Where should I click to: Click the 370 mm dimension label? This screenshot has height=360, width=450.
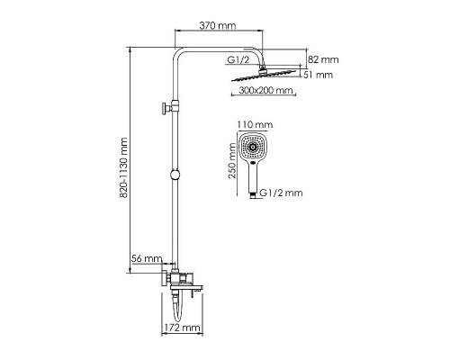click(218, 25)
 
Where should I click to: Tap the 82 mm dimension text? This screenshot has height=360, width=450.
click(323, 59)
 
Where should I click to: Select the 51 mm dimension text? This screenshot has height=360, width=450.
click(318, 75)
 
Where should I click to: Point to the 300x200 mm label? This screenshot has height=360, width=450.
click(265, 90)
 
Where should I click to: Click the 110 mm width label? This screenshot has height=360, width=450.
click(255, 124)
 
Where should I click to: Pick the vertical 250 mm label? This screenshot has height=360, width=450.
click(232, 161)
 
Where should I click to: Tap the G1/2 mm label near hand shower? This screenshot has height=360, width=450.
click(281, 193)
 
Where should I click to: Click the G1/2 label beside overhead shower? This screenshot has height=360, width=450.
click(238, 59)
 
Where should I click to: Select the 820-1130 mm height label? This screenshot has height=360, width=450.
click(123, 168)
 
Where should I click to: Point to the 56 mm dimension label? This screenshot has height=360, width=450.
click(147, 258)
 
